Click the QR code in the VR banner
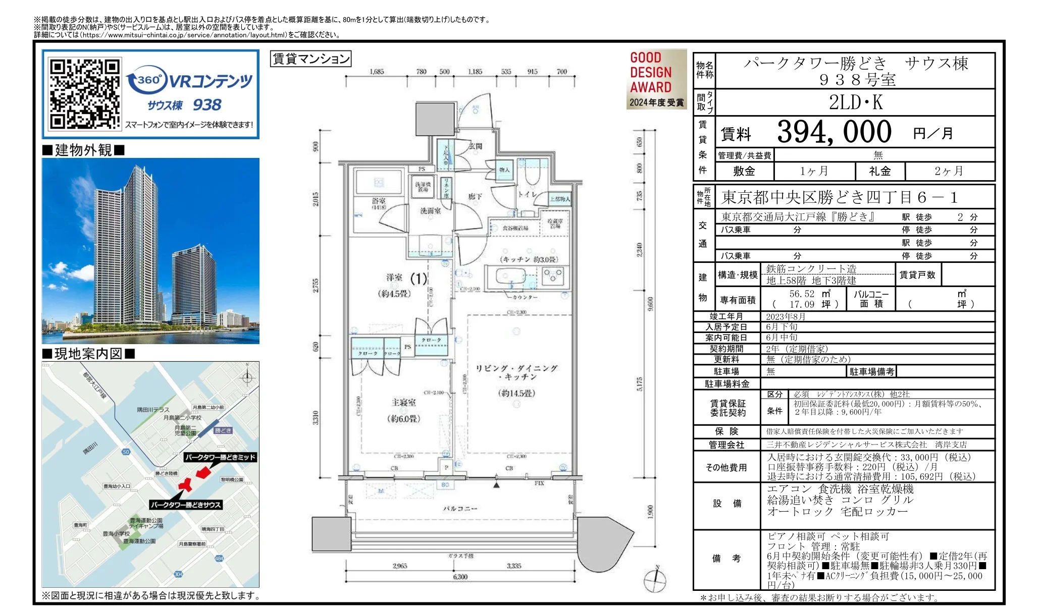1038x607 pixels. pyautogui.click(x=84, y=94)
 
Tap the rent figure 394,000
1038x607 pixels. pyautogui.click(x=834, y=132)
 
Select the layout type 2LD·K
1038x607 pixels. pyautogui.click(x=855, y=102)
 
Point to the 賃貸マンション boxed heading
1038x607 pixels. pyautogui.click(x=310, y=59)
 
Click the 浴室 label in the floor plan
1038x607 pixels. pyautogui.click(x=379, y=203)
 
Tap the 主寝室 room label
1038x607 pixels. pyautogui.click(x=404, y=403)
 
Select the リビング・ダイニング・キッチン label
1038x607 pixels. pyautogui.click(x=516, y=372)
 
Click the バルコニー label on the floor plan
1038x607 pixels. pyautogui.click(x=459, y=509)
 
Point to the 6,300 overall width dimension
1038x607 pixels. pyautogui.click(x=460, y=577)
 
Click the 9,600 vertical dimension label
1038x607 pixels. pyautogui.click(x=651, y=304)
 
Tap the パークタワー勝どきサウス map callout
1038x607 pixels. pyautogui.click(x=186, y=505)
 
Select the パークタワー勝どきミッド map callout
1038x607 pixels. pyautogui.click(x=220, y=457)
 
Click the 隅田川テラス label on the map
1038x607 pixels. pyautogui.click(x=153, y=410)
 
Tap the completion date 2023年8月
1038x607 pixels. pyautogui.click(x=786, y=317)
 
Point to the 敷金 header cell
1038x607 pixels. pyautogui.click(x=744, y=172)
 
